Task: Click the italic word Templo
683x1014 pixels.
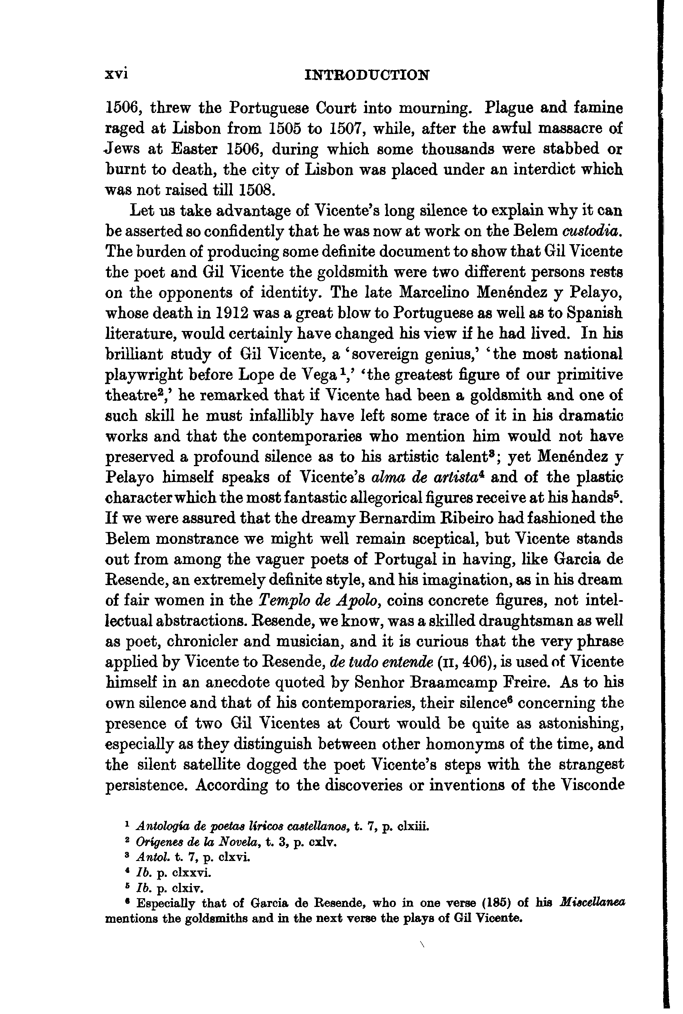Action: [x=283, y=601]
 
